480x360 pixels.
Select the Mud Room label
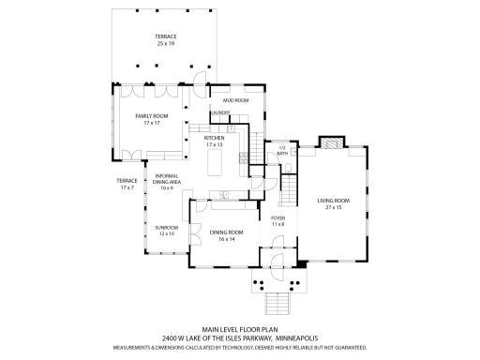tap(234, 100)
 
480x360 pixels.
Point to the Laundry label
tap(220, 113)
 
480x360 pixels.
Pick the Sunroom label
tap(166, 230)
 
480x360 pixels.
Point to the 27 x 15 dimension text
tap(333, 206)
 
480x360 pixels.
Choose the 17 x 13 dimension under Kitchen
tap(215, 146)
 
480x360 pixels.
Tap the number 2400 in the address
tap(171, 337)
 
